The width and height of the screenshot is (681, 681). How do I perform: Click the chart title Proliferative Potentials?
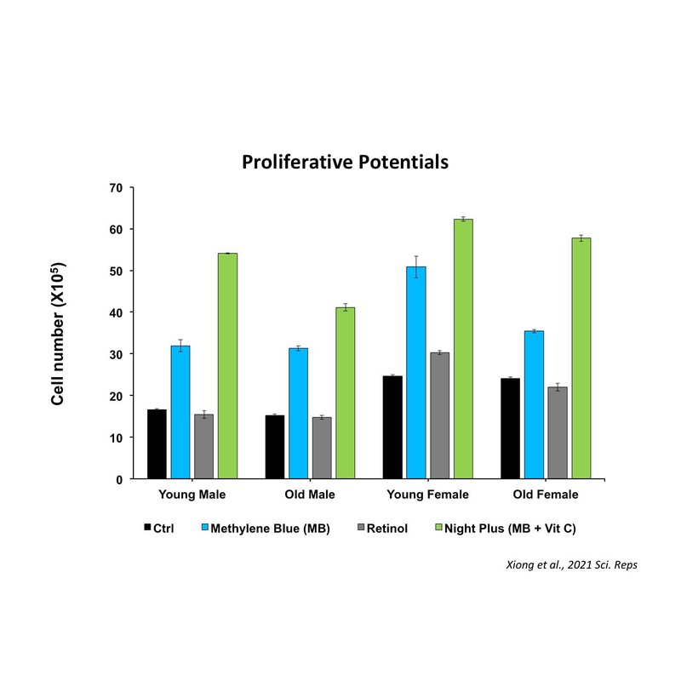click(x=345, y=162)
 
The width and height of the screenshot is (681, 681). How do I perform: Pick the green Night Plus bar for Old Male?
click(x=345, y=392)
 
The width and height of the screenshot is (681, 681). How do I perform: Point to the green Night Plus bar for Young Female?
click(x=463, y=348)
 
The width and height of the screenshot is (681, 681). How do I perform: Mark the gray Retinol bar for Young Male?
click(x=203, y=446)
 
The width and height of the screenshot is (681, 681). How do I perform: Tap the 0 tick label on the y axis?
click(x=120, y=479)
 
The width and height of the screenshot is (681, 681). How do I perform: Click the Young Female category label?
click(x=428, y=495)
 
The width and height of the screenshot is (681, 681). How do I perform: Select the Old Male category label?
click(x=310, y=495)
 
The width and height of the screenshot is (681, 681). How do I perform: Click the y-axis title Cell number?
click(x=59, y=333)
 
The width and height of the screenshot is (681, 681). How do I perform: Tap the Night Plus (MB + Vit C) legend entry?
click(x=513, y=529)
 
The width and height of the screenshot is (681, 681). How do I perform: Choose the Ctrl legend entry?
click(x=164, y=529)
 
